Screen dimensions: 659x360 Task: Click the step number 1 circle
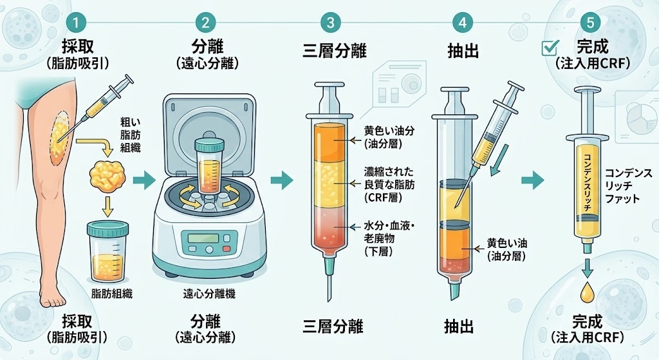pyautogui.click(x=76, y=23)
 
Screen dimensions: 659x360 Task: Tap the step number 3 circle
pyautogui.click(x=330, y=23)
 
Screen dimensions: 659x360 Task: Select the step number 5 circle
pyautogui.click(x=591, y=23)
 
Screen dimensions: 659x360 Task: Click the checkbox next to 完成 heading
pyautogui.click(x=550, y=48)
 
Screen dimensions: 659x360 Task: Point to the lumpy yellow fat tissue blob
pyautogui.click(x=107, y=176)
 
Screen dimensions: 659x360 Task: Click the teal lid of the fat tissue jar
pyautogui.click(x=107, y=229)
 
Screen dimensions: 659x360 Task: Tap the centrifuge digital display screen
pyautogui.click(x=203, y=238)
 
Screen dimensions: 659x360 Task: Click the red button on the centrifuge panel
pyautogui.click(x=227, y=248)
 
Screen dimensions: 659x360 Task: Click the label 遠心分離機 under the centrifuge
pyautogui.click(x=209, y=294)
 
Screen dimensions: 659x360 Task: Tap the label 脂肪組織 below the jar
pyautogui.click(x=112, y=294)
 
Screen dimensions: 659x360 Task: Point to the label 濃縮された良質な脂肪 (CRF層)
pyautogui.click(x=389, y=184)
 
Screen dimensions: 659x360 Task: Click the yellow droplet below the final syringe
pyautogui.click(x=587, y=293)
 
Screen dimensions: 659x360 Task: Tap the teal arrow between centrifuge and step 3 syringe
pyautogui.click(x=282, y=180)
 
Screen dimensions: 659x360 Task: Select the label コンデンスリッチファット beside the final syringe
pyautogui.click(x=628, y=185)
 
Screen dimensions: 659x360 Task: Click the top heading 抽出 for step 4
pyautogui.click(x=463, y=51)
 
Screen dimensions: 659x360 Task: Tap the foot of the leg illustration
pyautogui.click(x=52, y=296)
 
